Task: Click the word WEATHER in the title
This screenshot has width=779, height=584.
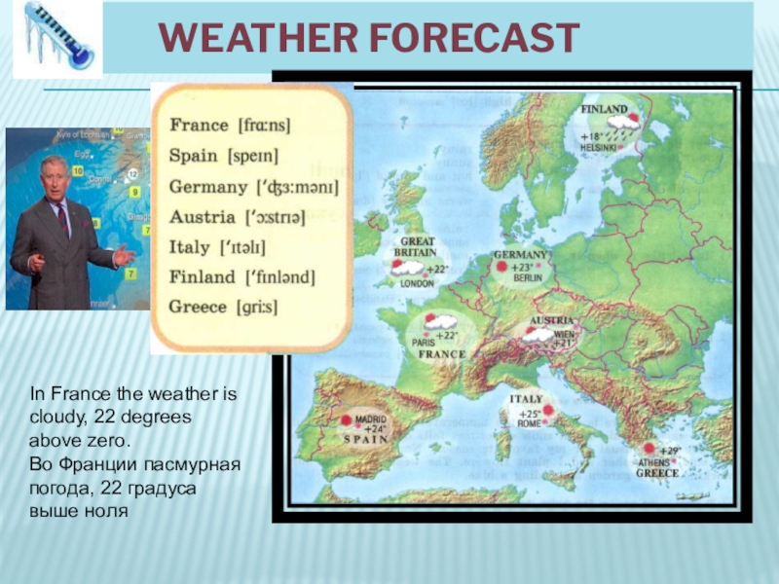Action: coord(251,38)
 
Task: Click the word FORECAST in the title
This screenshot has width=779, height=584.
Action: coord(466,38)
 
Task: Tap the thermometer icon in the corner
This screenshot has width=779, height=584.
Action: coord(56,38)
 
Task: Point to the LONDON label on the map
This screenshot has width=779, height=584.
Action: coord(417,284)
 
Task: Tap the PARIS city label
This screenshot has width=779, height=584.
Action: coord(423,343)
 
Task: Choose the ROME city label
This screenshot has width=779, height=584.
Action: coord(530,423)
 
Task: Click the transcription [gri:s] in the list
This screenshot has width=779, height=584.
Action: coord(257,307)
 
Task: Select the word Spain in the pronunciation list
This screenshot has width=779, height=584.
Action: coord(194,156)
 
